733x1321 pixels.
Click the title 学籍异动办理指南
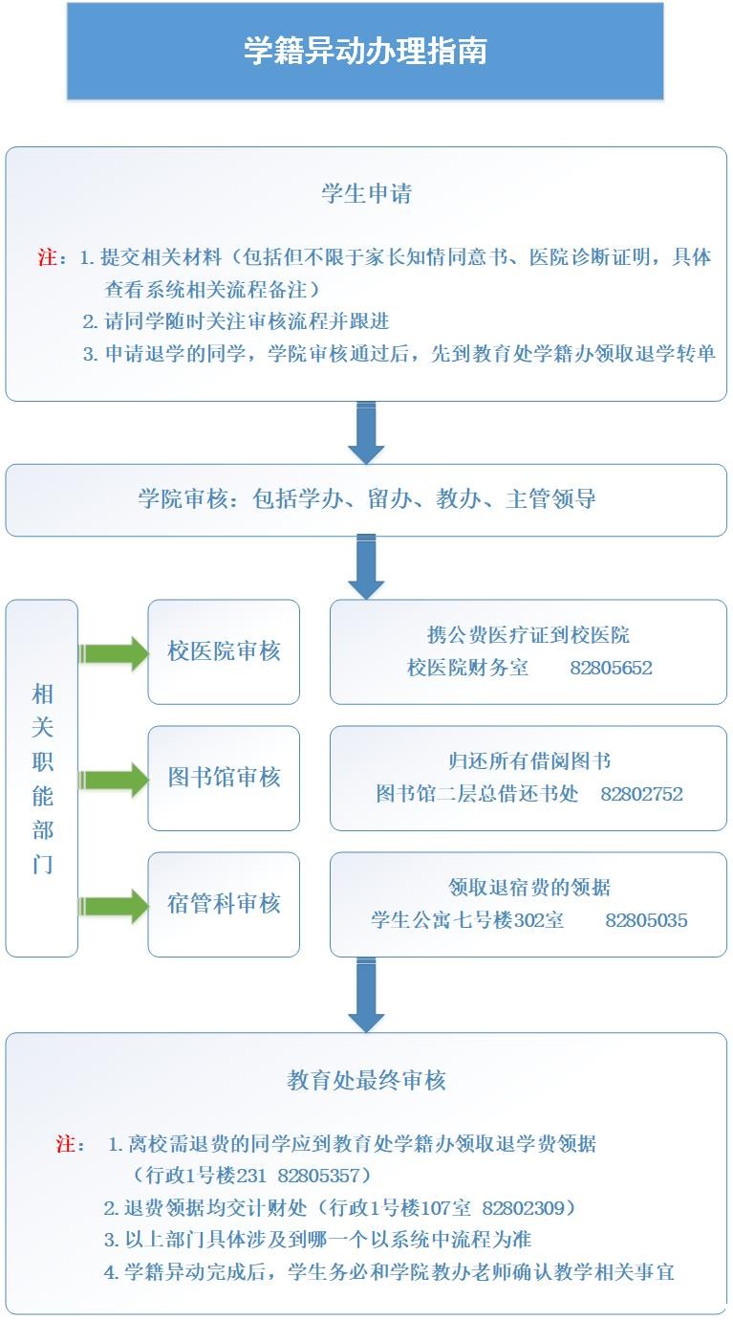[x=365, y=51]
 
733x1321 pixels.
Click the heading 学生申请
[x=366, y=194]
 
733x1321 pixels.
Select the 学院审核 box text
[x=366, y=499]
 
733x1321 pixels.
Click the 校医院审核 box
[x=224, y=651]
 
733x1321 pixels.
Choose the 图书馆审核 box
[x=224, y=778]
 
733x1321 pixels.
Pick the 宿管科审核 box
[x=224, y=904]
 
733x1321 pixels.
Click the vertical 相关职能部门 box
[x=42, y=778]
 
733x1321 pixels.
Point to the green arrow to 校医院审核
[x=114, y=653]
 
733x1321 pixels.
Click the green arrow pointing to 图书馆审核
[x=114, y=780]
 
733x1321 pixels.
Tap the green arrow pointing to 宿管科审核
[x=114, y=906]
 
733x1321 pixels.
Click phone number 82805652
[x=611, y=668]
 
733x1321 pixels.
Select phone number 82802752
[x=641, y=794]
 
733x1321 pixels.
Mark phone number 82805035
[x=646, y=920]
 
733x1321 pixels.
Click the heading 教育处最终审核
[x=366, y=1080]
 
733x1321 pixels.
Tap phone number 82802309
[x=524, y=1208]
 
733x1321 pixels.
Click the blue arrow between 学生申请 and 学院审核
[x=366, y=432]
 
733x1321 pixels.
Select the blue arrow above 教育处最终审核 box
[x=366, y=995]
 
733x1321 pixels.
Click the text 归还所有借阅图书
[x=529, y=761]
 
